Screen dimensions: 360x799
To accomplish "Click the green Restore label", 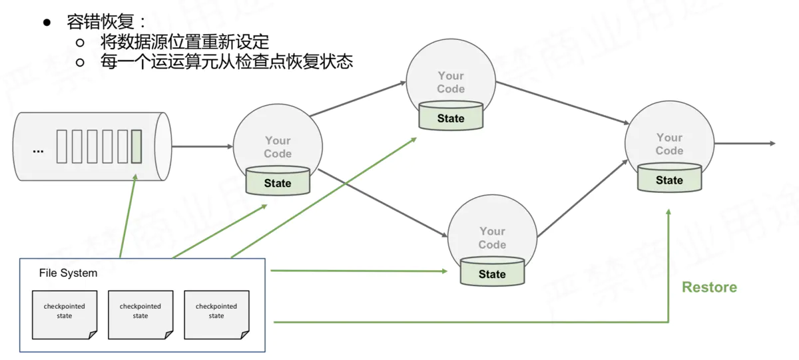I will coord(709,287).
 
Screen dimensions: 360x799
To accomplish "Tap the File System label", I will coord(68,273).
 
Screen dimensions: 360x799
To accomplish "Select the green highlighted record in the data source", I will coord(136,147).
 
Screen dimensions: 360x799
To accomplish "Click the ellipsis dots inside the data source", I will coord(38,150).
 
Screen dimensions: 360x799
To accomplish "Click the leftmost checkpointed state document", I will coord(65,313).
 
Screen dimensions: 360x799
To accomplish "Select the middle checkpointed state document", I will coord(140,313).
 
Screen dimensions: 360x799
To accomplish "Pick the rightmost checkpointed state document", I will coord(216,313).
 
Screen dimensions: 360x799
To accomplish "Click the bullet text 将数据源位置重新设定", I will coord(184,43).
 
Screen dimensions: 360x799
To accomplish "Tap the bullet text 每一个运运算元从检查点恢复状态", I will coord(226,62).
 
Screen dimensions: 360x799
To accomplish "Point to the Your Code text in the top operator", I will coord(451,82).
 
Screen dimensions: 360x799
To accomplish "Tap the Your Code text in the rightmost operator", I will coord(669,144).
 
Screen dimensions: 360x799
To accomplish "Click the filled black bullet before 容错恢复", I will coord(47,23).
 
